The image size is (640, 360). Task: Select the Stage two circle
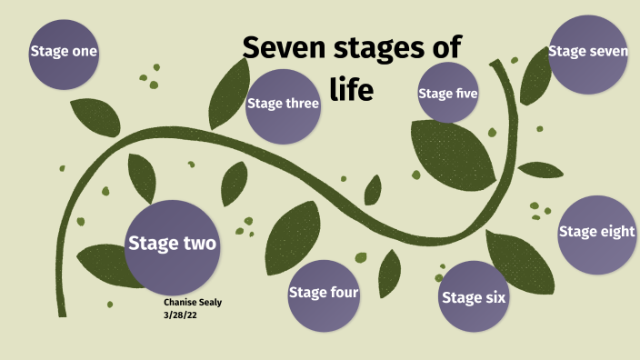pos(173,243)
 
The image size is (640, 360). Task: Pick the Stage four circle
pos(324,294)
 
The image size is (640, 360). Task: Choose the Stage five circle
pos(448,92)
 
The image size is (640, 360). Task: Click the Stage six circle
pos(474,296)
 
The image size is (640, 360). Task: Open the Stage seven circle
pos(587,53)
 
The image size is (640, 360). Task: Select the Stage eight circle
pos(596,234)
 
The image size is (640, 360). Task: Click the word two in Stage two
pos(198,244)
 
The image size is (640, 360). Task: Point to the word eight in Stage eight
pos(615,232)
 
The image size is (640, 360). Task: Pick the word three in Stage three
pos(302,104)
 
